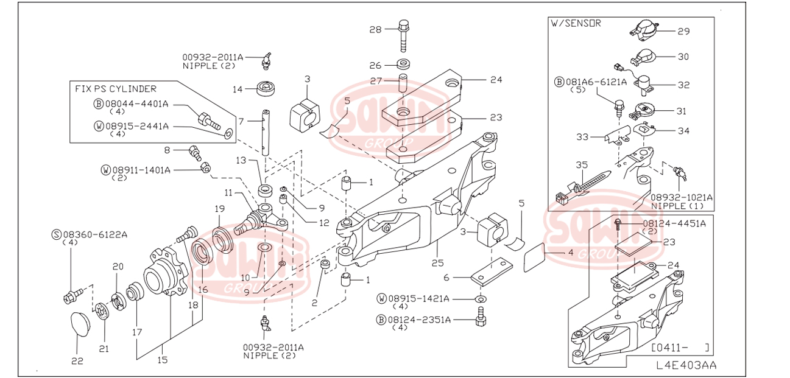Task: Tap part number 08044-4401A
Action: coord(136,103)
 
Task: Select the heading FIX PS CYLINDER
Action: coord(116,89)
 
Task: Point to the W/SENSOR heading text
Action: coord(576,24)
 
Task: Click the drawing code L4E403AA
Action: coord(686,365)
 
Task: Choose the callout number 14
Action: coord(238,89)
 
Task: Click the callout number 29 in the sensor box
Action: coord(683,30)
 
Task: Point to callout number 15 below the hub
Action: coord(163,359)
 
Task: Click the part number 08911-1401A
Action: coord(141,169)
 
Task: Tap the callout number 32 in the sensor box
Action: coord(683,85)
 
